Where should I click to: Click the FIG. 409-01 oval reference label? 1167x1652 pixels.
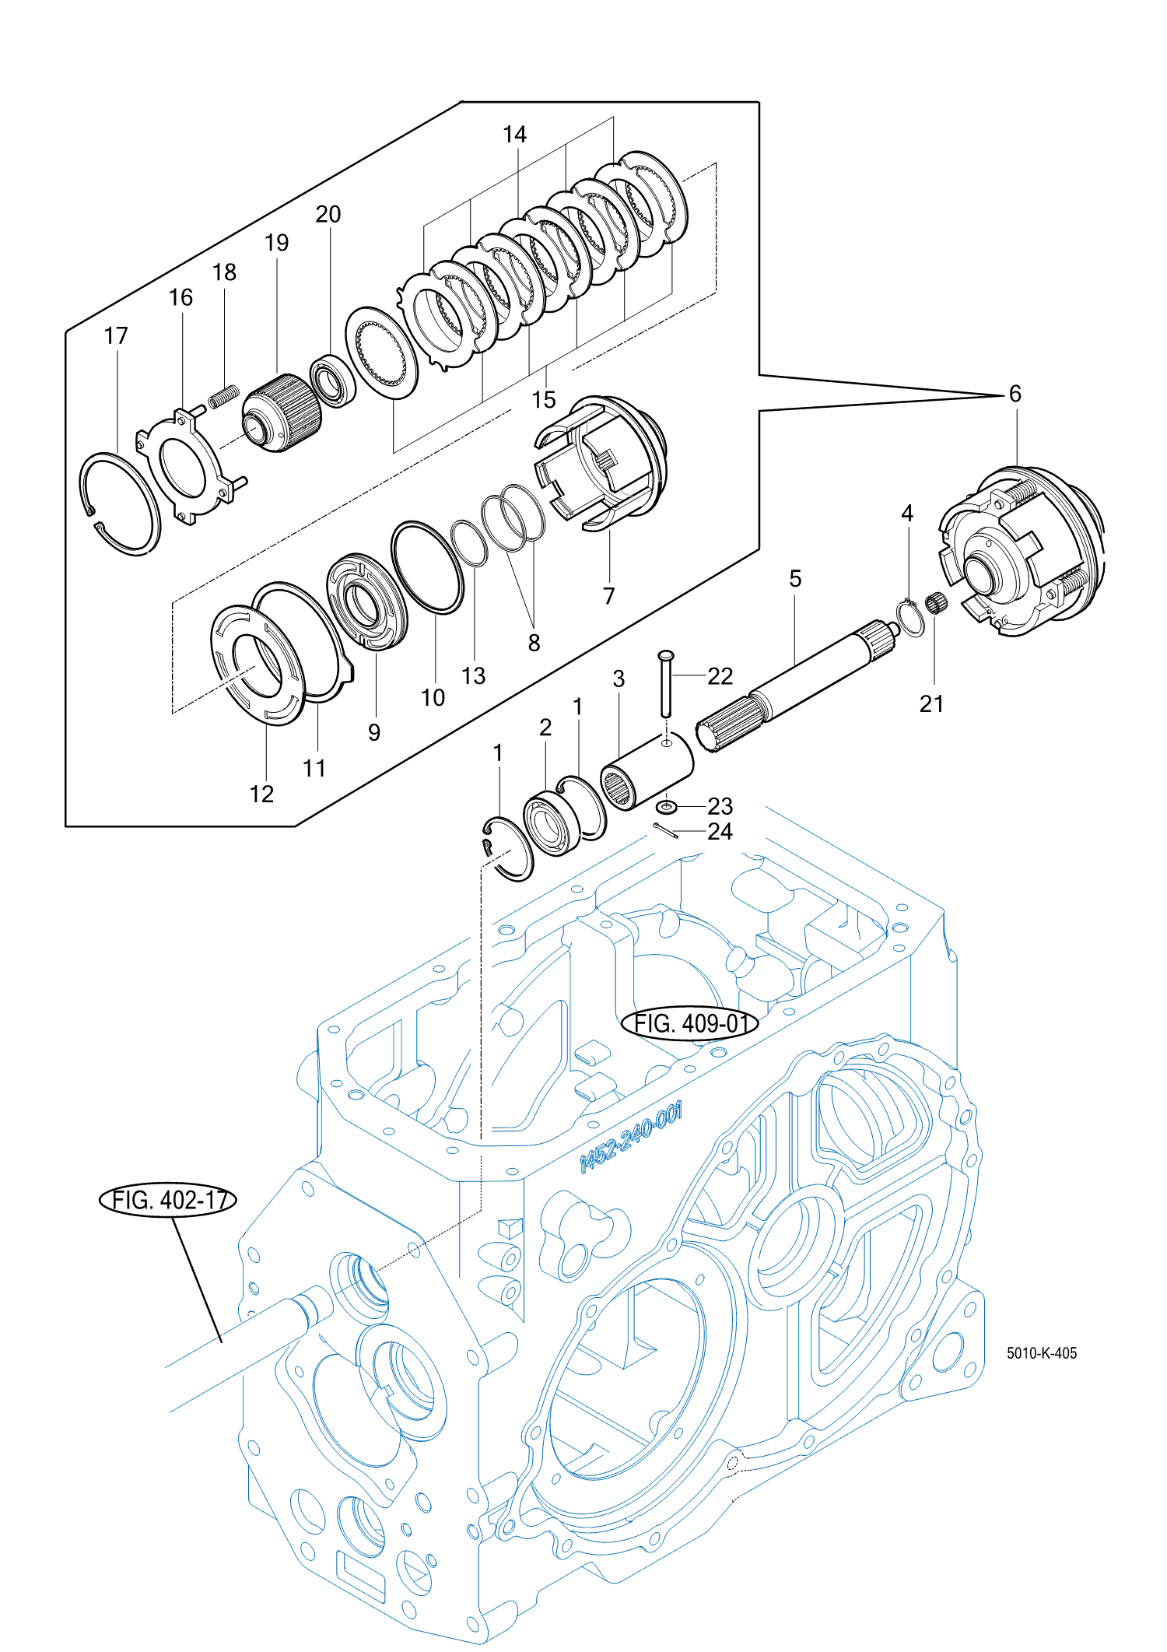(x=689, y=1023)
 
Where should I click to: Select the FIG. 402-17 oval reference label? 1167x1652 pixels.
(x=168, y=1200)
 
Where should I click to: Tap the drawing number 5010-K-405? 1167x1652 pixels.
(x=1042, y=1353)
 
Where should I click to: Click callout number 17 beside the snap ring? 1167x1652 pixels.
(x=116, y=336)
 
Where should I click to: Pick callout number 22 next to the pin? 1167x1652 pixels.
(x=720, y=676)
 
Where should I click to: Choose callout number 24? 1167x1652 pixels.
(x=720, y=832)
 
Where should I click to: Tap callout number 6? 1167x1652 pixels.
(x=1015, y=394)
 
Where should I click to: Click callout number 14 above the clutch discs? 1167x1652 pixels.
(x=514, y=135)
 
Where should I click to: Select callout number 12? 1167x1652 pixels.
(x=261, y=794)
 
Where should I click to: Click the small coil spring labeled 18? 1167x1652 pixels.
(x=223, y=396)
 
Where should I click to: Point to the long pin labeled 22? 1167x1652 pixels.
(x=666, y=683)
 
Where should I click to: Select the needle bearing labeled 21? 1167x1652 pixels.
(x=937, y=602)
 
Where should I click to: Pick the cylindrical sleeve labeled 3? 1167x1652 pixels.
(x=647, y=770)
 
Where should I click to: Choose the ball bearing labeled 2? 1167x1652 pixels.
(x=551, y=825)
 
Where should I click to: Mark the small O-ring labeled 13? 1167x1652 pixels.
(x=470, y=544)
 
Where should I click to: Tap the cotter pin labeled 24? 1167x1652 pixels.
(x=666, y=831)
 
